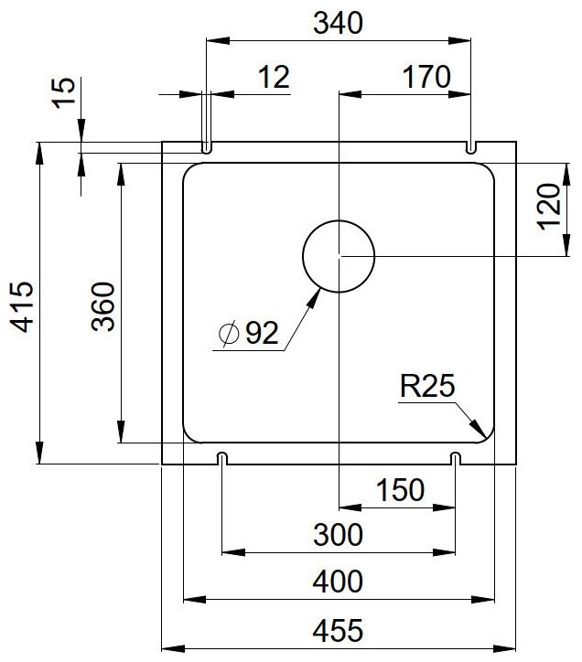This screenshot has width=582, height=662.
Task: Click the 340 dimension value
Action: tap(339, 25)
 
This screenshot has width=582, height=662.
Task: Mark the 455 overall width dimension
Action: tap(339, 629)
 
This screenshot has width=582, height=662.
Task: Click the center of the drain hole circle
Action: tap(339, 257)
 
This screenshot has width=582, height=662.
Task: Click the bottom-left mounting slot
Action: tap(222, 457)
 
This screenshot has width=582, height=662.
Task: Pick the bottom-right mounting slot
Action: tap(455, 457)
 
